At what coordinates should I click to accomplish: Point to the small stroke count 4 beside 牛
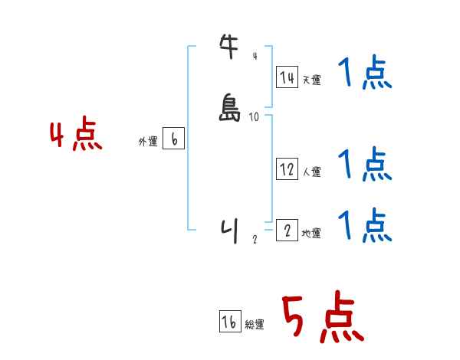[255, 56]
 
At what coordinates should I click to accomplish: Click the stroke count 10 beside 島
[255, 116]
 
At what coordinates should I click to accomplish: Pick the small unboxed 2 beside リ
[255, 239]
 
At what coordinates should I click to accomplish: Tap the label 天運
[311, 80]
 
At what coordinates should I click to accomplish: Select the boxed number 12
[287, 170]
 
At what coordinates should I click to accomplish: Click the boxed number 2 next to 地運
[287, 231]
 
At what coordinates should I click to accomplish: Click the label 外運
[147, 142]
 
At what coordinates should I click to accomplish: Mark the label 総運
[255, 325]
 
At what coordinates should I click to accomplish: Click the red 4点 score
[75, 136]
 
